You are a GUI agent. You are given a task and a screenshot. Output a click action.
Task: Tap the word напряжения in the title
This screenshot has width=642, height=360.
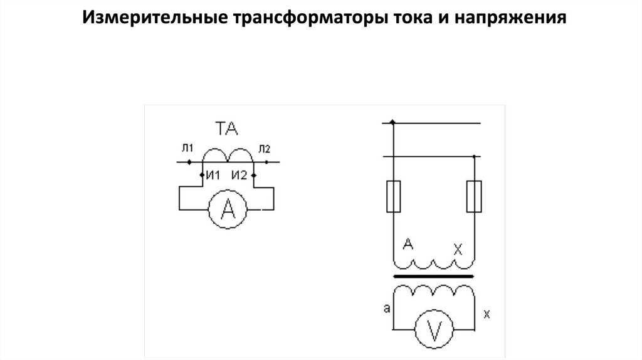click(506, 18)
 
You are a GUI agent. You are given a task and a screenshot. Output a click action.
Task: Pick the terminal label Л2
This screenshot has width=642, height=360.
click(263, 149)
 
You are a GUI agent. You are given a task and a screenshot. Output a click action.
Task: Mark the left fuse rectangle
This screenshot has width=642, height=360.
click(392, 196)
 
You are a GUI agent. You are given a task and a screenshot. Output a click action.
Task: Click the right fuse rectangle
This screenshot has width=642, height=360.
click(474, 196)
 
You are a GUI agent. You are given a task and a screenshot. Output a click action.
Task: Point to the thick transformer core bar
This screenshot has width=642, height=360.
click(433, 277)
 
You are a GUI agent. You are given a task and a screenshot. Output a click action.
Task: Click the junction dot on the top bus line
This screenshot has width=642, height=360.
click(392, 122)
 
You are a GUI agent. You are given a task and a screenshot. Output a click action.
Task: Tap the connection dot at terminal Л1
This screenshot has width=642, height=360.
click(189, 162)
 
